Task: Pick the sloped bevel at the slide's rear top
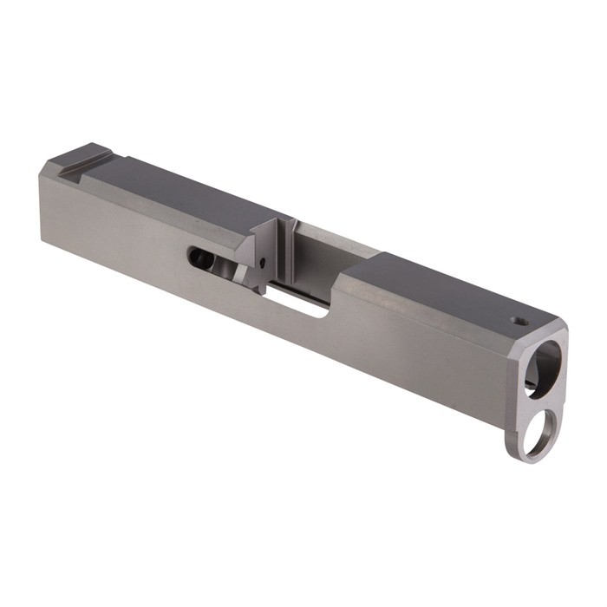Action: coord(56,165)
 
